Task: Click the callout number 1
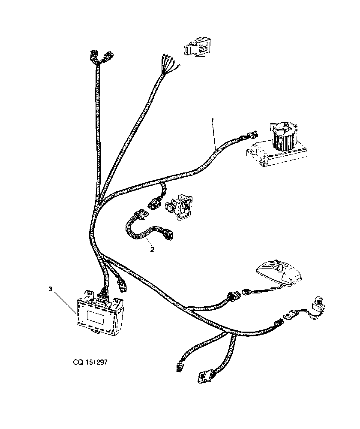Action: click(212, 120)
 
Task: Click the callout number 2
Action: click(153, 250)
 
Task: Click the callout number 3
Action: click(50, 289)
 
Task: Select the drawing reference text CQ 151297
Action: click(90, 362)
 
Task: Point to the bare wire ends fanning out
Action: click(169, 65)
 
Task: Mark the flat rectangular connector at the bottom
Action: click(204, 377)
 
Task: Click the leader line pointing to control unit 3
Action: click(65, 302)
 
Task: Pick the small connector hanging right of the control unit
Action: click(121, 284)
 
